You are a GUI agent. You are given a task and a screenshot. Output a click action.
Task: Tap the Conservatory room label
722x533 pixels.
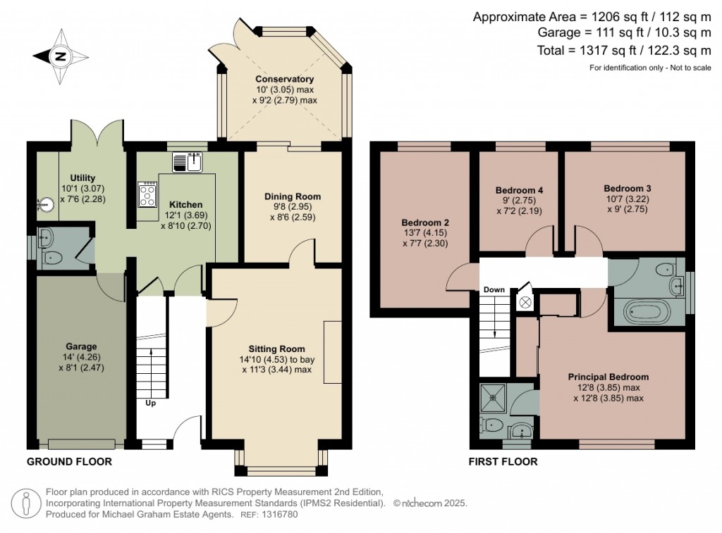[x=284, y=79]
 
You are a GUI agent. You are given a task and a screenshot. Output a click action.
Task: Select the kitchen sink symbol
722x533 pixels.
[x=188, y=163]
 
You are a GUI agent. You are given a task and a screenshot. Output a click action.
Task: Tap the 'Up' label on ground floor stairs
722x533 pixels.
[x=151, y=403]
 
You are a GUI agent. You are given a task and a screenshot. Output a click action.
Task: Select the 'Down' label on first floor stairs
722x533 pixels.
[x=494, y=290]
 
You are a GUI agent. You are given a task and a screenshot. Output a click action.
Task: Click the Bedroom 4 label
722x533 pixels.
[x=519, y=190]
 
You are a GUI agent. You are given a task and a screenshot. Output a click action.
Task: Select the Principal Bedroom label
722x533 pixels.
[x=608, y=377]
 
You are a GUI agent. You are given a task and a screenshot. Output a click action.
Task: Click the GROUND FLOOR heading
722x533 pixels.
[x=69, y=462]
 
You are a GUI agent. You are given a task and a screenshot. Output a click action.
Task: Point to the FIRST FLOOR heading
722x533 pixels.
[x=503, y=462]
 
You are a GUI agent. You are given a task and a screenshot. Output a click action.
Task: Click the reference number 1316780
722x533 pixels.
[x=281, y=515]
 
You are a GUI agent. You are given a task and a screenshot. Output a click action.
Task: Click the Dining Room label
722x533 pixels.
[x=293, y=196]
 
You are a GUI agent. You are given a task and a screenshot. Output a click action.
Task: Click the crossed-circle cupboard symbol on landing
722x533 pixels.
[x=525, y=301]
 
